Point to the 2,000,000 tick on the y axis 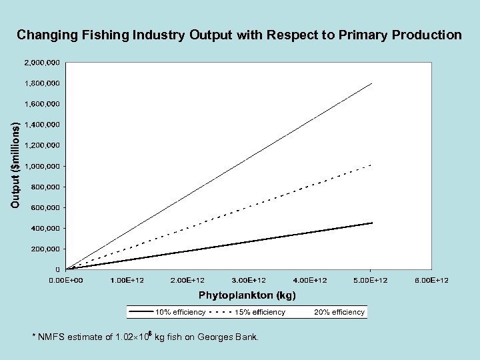(42, 63)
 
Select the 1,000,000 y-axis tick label (42, 166)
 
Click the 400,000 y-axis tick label (45, 228)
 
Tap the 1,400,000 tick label (42, 125)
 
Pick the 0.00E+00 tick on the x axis (66, 280)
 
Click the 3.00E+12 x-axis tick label (249, 280)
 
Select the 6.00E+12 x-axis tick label (431, 280)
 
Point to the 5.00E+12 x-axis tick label (371, 280)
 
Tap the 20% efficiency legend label (339, 312)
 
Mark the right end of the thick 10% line (371, 223)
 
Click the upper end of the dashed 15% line (371, 164)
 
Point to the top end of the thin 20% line (371, 83)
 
